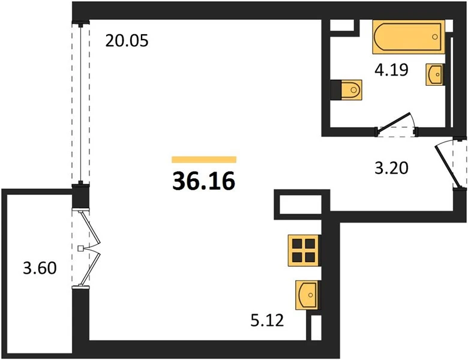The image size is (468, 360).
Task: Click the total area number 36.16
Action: pyautogui.click(x=204, y=181)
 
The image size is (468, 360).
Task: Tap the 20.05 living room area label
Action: pyautogui.click(x=127, y=41)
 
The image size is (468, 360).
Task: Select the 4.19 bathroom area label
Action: pyautogui.click(x=391, y=70)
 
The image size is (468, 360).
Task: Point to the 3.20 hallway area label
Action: pyautogui.click(x=391, y=168)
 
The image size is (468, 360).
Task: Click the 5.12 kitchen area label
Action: pyautogui.click(x=267, y=320)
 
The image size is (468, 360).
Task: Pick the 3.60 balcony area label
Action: pyautogui.click(x=40, y=268)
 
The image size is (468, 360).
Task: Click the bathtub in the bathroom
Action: pyautogui.click(x=409, y=37)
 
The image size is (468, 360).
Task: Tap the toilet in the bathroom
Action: pyautogui.click(x=347, y=90)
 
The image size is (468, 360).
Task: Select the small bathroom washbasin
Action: pyautogui.click(x=435, y=74)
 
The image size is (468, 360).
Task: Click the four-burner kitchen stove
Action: pyautogui.click(x=304, y=250)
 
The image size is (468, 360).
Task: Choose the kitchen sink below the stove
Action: pyautogui.click(x=307, y=295)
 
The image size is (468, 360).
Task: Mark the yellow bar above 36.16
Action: pyautogui.click(x=204, y=160)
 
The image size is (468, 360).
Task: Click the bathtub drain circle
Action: pyautogui.click(x=435, y=37)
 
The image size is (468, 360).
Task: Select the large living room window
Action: pyautogui.click(x=80, y=104)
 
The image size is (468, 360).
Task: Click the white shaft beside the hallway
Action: pyautogui.click(x=300, y=205)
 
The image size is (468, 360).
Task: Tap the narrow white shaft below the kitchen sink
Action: pyautogui.click(x=316, y=328)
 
